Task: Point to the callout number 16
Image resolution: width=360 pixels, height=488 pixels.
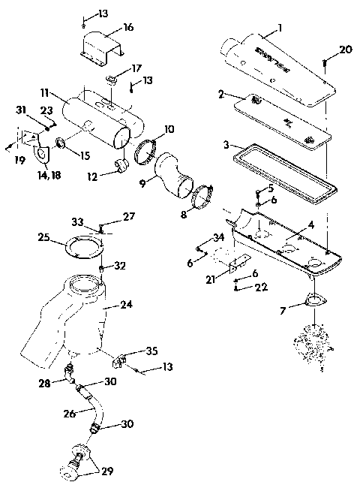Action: click(x=128, y=28)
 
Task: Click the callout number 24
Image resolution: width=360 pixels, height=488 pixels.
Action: click(x=126, y=306)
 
